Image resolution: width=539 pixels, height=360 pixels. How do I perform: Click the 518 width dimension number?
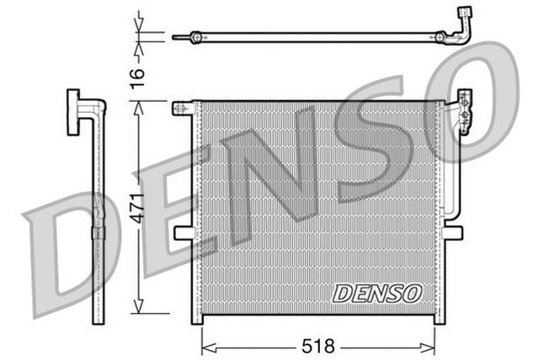[318, 346]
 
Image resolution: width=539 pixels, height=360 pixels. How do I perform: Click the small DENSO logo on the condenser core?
[376, 293]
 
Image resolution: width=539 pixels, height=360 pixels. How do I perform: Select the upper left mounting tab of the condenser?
[182, 108]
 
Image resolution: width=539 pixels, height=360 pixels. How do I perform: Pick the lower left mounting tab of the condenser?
[183, 233]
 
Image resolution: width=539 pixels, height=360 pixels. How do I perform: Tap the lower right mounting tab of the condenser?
[452, 232]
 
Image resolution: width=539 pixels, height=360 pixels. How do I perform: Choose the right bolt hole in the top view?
[440, 36]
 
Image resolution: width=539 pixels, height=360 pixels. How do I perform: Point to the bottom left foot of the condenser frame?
[197, 318]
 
